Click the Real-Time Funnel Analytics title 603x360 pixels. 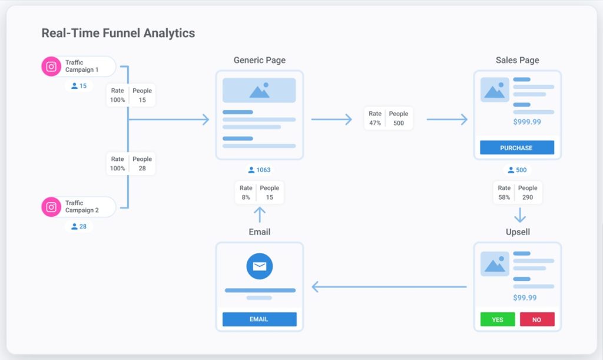(118, 33)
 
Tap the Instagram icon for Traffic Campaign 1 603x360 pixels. (51, 67)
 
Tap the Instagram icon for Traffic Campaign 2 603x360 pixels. (51, 207)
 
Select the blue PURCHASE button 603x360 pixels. (516, 148)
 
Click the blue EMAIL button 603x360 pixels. (259, 319)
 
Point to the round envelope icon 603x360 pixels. (259, 266)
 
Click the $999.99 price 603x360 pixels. (526, 122)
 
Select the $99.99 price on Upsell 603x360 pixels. (525, 298)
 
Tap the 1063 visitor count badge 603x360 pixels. (260, 170)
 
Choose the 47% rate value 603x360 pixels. (375, 123)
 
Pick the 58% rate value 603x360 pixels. (504, 197)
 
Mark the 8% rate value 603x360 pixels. (246, 197)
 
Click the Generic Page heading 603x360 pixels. (259, 60)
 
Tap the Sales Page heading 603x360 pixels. (517, 60)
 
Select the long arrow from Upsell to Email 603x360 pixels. (389, 287)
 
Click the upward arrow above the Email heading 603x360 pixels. (259, 214)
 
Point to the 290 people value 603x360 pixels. (528, 197)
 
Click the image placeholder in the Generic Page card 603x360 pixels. (259, 90)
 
